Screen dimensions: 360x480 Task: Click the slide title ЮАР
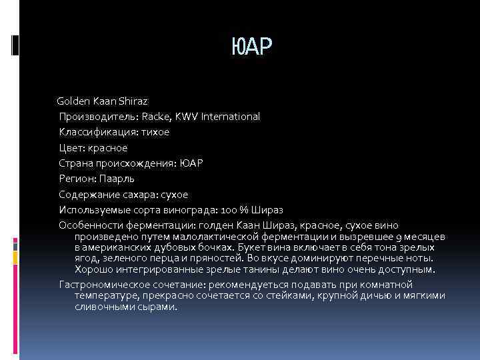click(x=251, y=47)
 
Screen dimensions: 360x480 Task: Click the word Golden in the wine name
click(x=73, y=101)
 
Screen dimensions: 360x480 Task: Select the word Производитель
click(x=90, y=117)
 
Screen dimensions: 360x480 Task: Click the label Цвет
click(x=71, y=147)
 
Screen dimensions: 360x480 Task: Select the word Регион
click(x=76, y=179)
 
